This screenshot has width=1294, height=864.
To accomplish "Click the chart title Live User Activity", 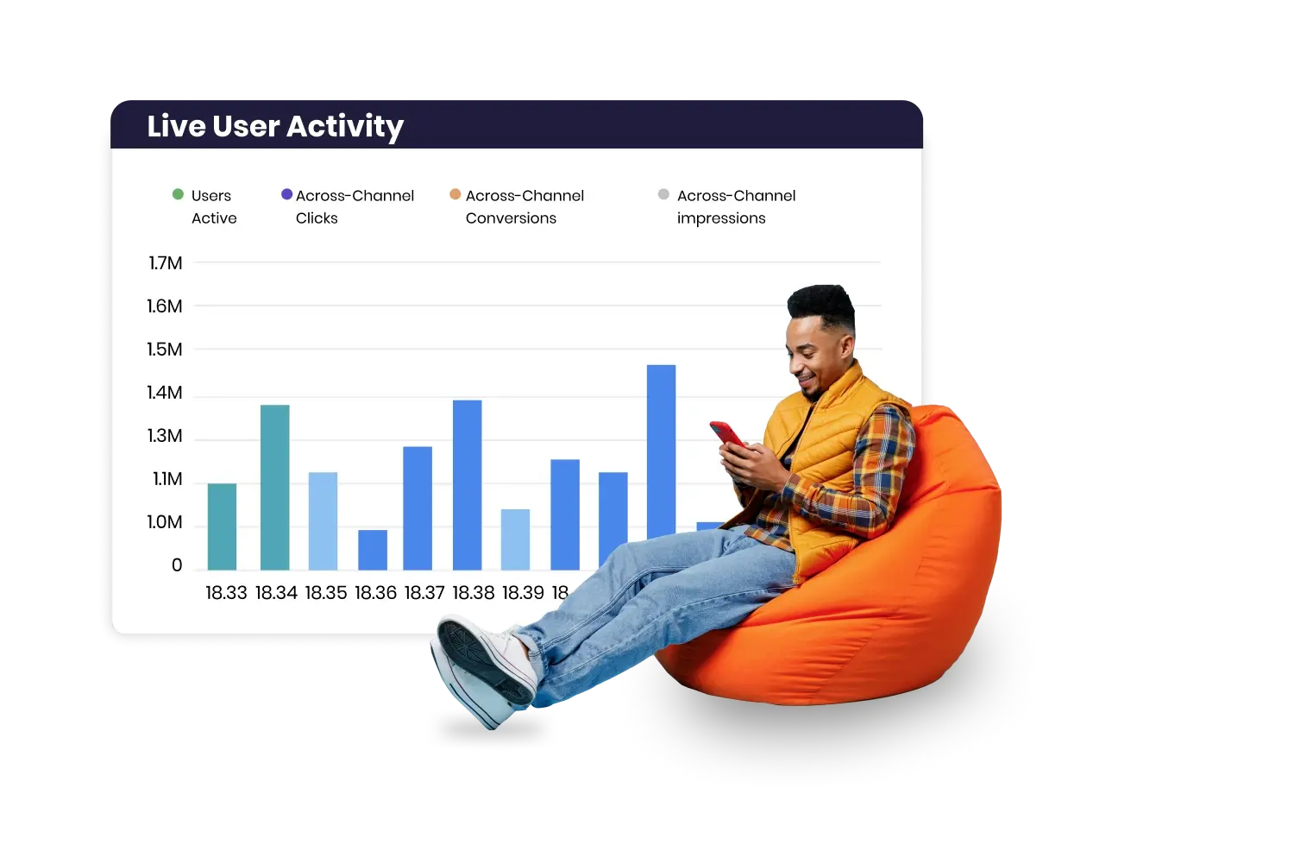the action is point(275,127).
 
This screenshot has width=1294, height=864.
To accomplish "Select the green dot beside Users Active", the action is point(178,194).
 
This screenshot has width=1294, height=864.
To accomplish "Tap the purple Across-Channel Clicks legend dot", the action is point(286,194).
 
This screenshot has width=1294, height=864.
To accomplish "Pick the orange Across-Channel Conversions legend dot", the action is point(455,194).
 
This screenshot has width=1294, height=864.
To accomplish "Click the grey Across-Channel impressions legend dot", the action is point(663,194).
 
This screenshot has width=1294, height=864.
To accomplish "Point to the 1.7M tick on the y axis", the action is point(166,263).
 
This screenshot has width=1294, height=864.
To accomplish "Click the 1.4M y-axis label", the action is point(165,393).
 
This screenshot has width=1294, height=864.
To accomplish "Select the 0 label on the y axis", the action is point(177,565).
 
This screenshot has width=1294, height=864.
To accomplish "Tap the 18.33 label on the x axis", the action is point(226,593).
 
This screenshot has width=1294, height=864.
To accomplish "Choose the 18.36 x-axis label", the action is point(375,593).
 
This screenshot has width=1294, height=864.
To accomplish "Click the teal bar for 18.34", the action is point(275,488).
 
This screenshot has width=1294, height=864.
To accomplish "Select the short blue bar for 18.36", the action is point(373,550).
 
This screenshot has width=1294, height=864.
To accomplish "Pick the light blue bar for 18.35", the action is point(323,521).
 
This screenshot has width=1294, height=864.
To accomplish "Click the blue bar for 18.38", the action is point(468,485).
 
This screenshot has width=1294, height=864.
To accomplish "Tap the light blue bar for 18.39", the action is point(515,539).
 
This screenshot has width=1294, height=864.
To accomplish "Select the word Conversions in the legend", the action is point(511,218).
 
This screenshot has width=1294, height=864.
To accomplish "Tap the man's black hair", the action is point(822,305).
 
